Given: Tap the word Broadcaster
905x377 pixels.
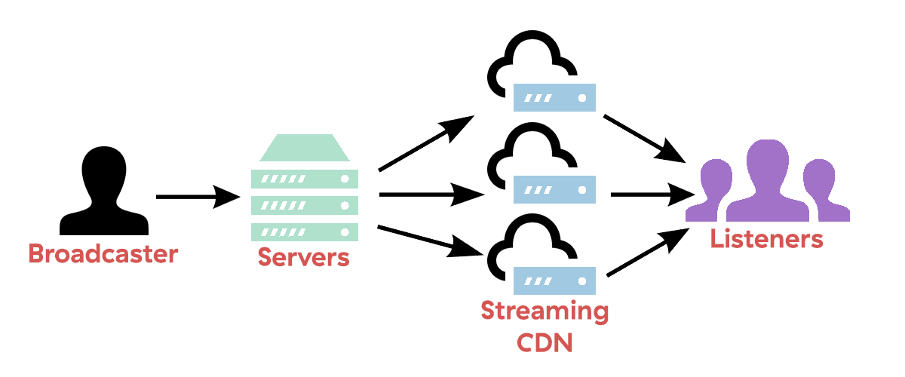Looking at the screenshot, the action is pyautogui.click(x=103, y=254).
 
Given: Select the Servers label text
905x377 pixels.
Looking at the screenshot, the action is pyautogui.click(x=303, y=257).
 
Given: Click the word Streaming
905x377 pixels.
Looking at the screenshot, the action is pyautogui.click(x=545, y=312).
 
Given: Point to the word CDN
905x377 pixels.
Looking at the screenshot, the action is pyautogui.click(x=545, y=342).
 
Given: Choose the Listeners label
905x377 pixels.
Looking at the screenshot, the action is pyautogui.click(x=766, y=239).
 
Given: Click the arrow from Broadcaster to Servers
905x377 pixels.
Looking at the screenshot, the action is pyautogui.click(x=198, y=197).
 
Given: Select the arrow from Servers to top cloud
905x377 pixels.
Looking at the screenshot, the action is pyautogui.click(x=426, y=143).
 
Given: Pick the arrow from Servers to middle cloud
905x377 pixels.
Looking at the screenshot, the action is pyautogui.click(x=432, y=195).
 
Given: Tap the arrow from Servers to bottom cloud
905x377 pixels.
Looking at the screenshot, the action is pyautogui.click(x=431, y=241).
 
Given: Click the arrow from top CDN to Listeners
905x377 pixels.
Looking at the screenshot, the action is pyautogui.click(x=645, y=139).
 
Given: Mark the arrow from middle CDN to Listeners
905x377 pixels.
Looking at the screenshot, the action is pyautogui.click(x=653, y=195).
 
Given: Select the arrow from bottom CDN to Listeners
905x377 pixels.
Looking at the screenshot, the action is pyautogui.click(x=648, y=252).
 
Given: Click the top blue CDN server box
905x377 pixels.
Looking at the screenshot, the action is pyautogui.click(x=554, y=97).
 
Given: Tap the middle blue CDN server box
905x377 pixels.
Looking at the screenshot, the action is pyautogui.click(x=554, y=189).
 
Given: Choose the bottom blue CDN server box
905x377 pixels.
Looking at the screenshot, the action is pyautogui.click(x=554, y=280).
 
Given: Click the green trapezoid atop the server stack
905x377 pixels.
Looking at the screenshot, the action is pyautogui.click(x=305, y=148).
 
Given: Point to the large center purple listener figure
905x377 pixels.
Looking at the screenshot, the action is pyautogui.click(x=768, y=182).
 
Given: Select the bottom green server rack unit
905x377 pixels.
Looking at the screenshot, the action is pyautogui.click(x=305, y=232).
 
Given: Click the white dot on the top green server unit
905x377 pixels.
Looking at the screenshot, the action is pyautogui.click(x=345, y=179).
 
